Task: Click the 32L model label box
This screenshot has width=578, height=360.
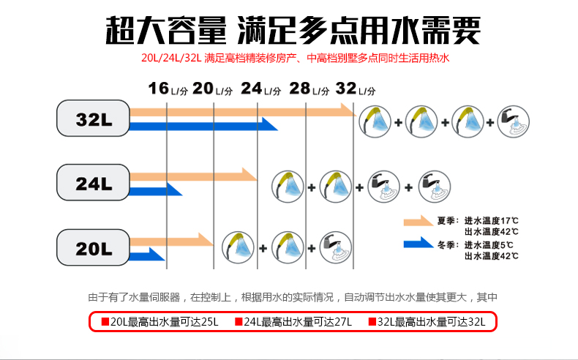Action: (93, 118)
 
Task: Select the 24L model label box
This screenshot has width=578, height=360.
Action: (93, 183)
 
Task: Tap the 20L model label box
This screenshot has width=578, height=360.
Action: (93, 247)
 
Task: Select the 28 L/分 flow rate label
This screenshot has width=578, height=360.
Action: (308, 89)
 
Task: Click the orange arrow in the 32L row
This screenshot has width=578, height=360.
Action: (241, 110)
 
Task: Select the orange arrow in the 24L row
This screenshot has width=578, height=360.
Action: (193, 175)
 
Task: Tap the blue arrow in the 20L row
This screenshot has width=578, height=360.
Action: (146, 255)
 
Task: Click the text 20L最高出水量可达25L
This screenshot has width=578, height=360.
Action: (160, 322)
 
